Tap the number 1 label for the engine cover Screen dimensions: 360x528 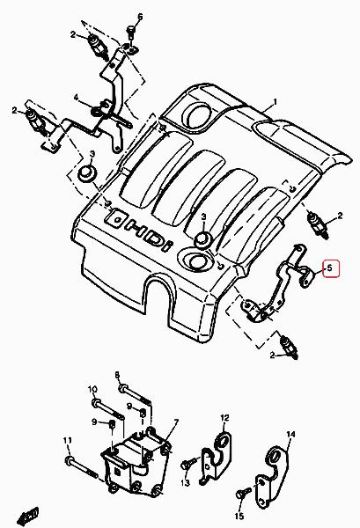275,102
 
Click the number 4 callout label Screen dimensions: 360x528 77,98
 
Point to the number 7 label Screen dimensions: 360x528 176,422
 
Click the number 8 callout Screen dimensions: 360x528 117,375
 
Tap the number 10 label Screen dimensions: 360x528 92,390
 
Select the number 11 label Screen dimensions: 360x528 68,441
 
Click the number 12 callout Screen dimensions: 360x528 225,418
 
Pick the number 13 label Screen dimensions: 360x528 185,483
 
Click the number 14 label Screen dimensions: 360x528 290,435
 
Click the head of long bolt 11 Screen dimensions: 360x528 69,460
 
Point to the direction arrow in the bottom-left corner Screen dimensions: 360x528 28,516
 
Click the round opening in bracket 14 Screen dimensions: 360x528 274,456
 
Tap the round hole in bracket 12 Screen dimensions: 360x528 224,440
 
